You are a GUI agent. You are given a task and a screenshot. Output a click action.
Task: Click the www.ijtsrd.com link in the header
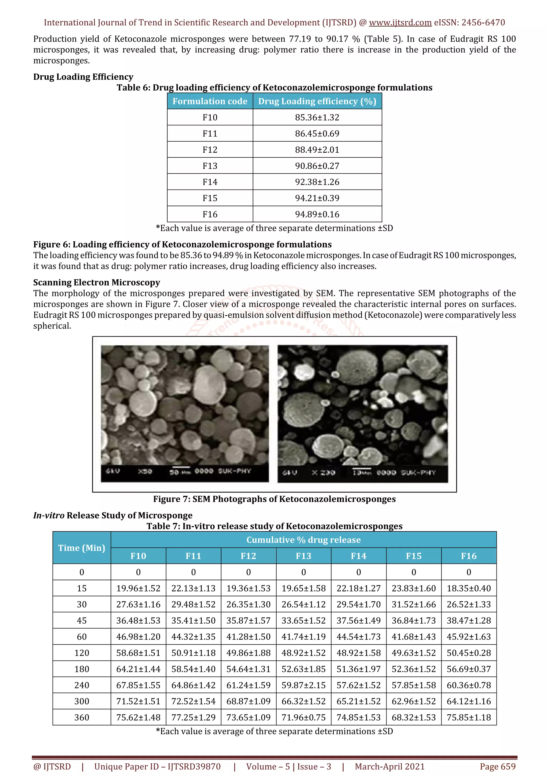coord(400,23)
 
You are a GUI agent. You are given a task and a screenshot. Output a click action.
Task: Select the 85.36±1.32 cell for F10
coord(317,117)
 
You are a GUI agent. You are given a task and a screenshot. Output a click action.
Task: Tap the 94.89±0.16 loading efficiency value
coord(317,214)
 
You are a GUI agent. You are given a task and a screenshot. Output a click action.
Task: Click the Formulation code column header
coord(210,101)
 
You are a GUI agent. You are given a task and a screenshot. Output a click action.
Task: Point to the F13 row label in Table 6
coord(210,166)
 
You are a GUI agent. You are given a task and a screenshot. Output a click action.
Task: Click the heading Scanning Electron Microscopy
coord(97,282)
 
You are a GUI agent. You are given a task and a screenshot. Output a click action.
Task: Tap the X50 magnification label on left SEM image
coord(145,471)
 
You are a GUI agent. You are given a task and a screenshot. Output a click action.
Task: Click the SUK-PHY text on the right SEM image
coord(418,472)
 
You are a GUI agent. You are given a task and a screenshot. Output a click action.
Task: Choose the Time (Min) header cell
coord(81,547)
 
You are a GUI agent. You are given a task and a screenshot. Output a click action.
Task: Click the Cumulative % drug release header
coord(303,540)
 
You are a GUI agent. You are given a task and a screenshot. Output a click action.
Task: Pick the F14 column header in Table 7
coord(359,556)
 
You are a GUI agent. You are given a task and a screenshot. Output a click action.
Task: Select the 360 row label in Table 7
coord(81,717)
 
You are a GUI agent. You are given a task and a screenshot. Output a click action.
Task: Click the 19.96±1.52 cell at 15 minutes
coord(138,588)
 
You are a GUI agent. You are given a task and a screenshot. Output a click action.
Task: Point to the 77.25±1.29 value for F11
coord(193,717)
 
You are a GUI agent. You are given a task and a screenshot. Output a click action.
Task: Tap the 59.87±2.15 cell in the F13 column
coord(303,685)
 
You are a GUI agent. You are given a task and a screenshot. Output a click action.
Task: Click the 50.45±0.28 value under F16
coord(469,653)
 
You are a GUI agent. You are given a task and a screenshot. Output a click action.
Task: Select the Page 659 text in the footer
coord(498,767)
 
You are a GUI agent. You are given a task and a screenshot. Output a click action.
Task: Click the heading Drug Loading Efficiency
coord(83,77)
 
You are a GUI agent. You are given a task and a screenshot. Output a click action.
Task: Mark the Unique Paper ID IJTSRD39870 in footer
coord(157,767)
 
